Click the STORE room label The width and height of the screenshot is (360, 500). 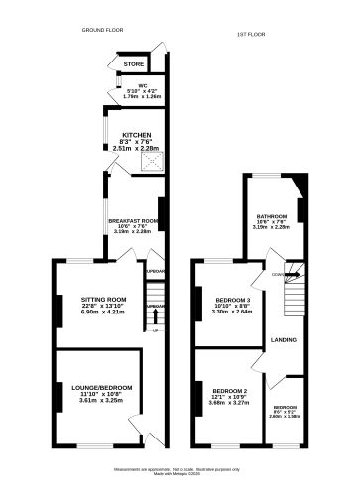click(133, 64)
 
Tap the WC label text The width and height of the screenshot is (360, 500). click(128, 85)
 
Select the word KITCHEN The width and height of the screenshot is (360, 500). click(136, 134)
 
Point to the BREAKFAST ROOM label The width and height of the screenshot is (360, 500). click(133, 220)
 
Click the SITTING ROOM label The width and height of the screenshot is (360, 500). click(103, 299)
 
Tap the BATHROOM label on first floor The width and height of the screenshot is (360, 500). click(272, 215)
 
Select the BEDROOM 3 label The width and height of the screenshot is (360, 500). click(234, 299)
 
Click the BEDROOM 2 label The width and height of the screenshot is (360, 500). click(229, 391)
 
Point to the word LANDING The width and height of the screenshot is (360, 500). click(287, 340)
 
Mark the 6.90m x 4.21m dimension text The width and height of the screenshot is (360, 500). click(103, 312)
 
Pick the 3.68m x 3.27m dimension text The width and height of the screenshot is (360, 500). click(229, 403)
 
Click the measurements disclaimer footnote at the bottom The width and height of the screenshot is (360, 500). click(180, 469)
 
